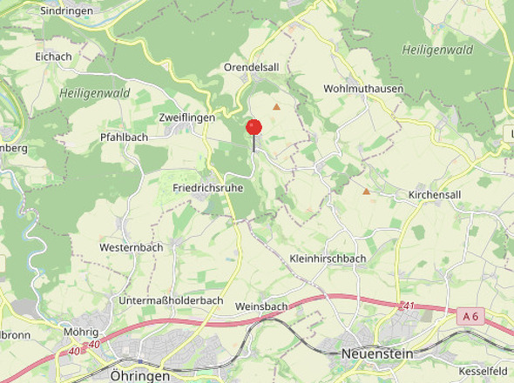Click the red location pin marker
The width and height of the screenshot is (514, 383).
[254, 128]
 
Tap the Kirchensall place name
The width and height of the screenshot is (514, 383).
[435, 195]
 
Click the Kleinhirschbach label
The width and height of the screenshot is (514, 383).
[327, 259]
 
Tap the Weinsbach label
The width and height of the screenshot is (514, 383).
[261, 306]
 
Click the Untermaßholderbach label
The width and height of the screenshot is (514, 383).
[172, 300]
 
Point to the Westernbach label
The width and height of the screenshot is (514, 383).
[131, 247]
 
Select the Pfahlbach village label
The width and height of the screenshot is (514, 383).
[124, 137]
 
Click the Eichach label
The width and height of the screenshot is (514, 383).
[53, 57]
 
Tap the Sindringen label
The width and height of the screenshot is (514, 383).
[68, 11]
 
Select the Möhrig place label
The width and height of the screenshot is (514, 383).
[81, 332]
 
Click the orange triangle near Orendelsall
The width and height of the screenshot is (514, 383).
[276, 107]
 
